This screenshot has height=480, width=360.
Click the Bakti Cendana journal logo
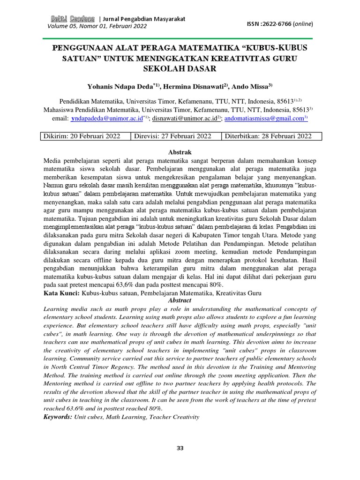(72, 19)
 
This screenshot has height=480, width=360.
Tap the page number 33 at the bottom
(180, 449)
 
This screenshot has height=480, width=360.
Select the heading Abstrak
(180, 152)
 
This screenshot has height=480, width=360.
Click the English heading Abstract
(180, 300)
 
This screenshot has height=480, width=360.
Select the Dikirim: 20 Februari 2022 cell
(82, 136)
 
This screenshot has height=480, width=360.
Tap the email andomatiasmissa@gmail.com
(264, 119)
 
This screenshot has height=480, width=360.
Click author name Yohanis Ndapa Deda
(121, 86)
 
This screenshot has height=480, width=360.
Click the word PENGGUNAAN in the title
(82, 48)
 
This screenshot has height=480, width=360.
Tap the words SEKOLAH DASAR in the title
(180, 68)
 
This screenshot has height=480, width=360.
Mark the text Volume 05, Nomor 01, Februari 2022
(97, 26)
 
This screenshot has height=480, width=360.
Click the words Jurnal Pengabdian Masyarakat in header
(144, 19)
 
